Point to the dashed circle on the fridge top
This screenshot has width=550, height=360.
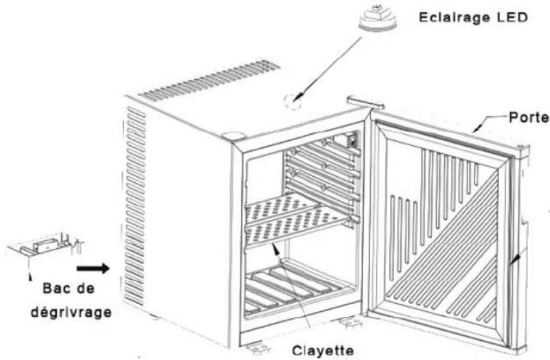(x=292, y=101)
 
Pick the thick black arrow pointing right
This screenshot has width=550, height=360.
(x=91, y=268)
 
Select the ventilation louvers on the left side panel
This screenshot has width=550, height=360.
(x=135, y=198)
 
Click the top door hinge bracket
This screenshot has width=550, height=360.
(x=364, y=101)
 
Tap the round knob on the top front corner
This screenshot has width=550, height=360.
(x=231, y=135)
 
